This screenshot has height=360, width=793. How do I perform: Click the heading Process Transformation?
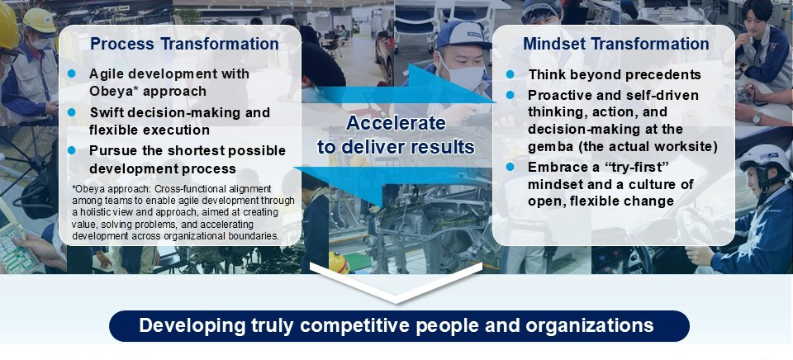[x=184, y=44]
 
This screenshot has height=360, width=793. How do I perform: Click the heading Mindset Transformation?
[x=616, y=44]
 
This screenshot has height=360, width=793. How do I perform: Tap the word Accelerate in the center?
[x=396, y=123]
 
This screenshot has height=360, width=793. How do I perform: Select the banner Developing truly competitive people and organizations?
[x=399, y=325]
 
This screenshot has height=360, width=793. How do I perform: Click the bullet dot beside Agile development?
[x=71, y=73]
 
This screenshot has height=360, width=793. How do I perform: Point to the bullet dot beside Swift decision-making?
[x=71, y=112]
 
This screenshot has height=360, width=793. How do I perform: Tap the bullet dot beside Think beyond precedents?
[x=510, y=74]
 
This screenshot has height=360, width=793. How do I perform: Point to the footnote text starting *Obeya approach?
[x=183, y=212]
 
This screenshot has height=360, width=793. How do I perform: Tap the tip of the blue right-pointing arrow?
[x=496, y=101]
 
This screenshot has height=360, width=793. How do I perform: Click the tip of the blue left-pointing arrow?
[x=294, y=168]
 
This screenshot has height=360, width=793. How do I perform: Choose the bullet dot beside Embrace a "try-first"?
[x=510, y=167]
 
